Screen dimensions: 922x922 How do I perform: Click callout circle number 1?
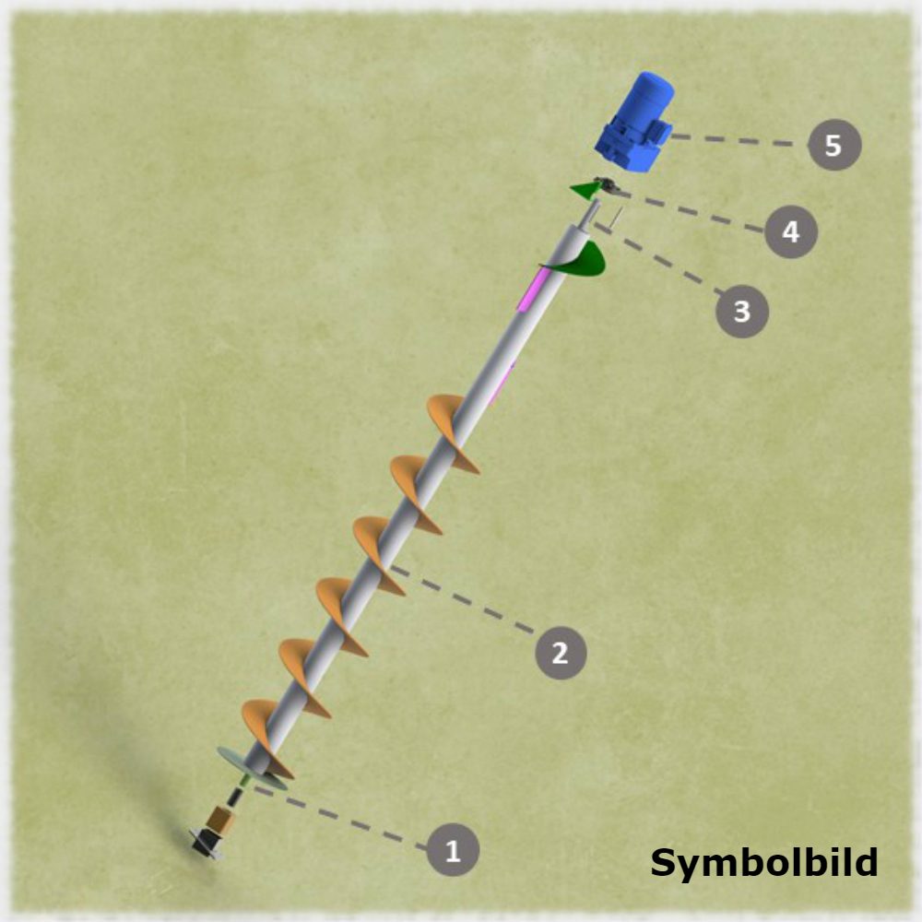[x=452, y=850]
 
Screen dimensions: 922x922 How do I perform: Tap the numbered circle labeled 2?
[x=561, y=653]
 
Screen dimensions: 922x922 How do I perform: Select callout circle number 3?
[x=741, y=311]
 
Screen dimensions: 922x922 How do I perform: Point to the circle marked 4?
[x=791, y=231]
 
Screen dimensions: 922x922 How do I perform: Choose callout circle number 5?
[x=834, y=145]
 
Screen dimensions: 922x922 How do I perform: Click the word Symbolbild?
[x=763, y=863]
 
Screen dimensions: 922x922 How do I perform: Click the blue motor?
[x=635, y=122]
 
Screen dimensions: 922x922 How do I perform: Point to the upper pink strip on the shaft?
[x=532, y=288]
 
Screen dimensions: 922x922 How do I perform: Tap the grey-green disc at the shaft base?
[x=252, y=768]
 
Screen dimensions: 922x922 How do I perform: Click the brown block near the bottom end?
[x=221, y=819]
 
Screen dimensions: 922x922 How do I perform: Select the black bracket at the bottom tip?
[x=206, y=843]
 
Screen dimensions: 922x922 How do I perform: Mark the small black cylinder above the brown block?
[x=234, y=798]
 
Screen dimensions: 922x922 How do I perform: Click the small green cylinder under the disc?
[x=245, y=781]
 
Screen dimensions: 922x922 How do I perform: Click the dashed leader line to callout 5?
[x=739, y=140]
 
